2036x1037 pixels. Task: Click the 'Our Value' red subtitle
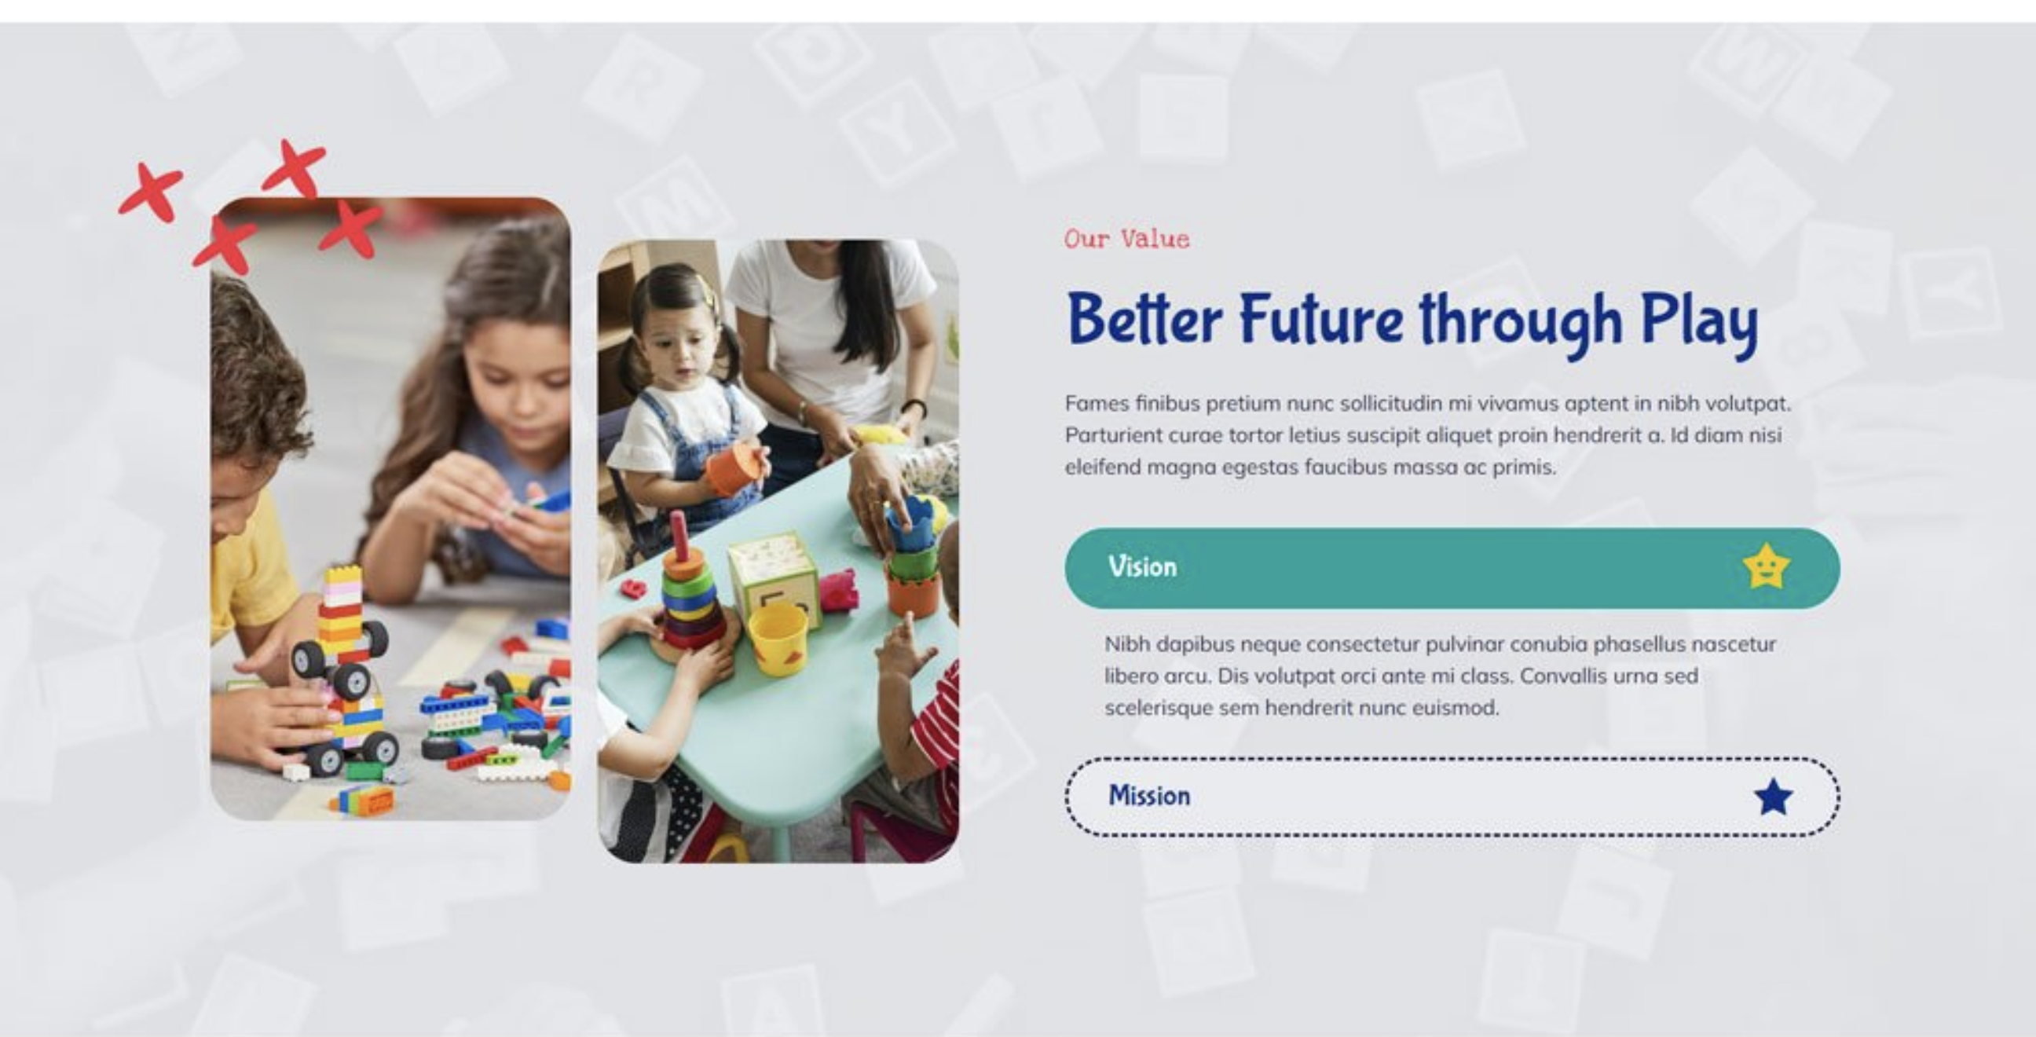1126,239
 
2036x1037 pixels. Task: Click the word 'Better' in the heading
1144,318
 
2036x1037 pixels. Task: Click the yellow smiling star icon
1767,566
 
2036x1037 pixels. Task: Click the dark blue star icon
1773,797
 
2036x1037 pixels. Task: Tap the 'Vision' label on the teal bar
1142,566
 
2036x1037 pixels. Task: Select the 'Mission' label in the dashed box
1149,795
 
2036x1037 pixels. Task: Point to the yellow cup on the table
778,639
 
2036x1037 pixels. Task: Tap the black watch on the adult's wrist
914,407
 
